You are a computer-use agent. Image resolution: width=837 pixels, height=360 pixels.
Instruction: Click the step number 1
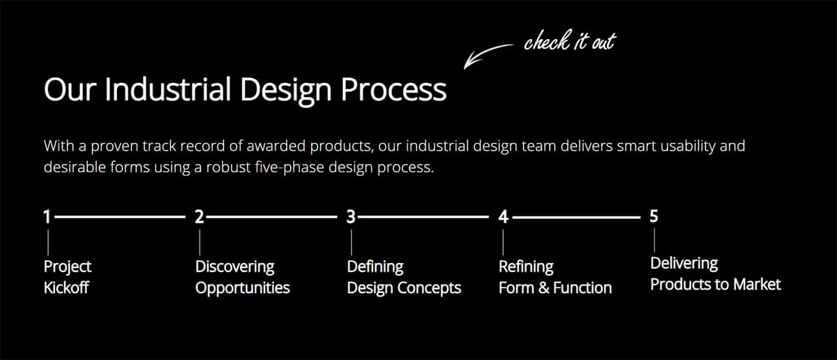coord(47,217)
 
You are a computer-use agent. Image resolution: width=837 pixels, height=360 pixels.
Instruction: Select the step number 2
coord(199,217)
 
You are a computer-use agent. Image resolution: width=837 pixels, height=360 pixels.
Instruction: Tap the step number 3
coord(351,217)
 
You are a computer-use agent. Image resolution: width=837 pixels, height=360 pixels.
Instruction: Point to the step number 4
coord(503,217)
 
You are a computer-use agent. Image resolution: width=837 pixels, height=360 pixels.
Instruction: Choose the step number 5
coord(654,216)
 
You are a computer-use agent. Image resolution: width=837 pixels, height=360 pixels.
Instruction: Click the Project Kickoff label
coord(68,277)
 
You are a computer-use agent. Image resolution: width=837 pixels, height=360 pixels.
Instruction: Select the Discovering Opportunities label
coord(242,277)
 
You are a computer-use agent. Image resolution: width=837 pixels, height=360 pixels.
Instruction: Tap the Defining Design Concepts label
coord(404,277)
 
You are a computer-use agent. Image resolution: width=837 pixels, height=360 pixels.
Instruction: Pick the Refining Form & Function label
coord(555,277)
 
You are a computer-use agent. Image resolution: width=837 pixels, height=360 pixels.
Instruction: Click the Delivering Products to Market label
coord(715,273)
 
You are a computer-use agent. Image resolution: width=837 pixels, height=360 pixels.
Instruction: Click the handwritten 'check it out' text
coord(569,42)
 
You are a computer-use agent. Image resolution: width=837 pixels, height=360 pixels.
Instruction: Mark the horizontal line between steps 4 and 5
coord(576,218)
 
